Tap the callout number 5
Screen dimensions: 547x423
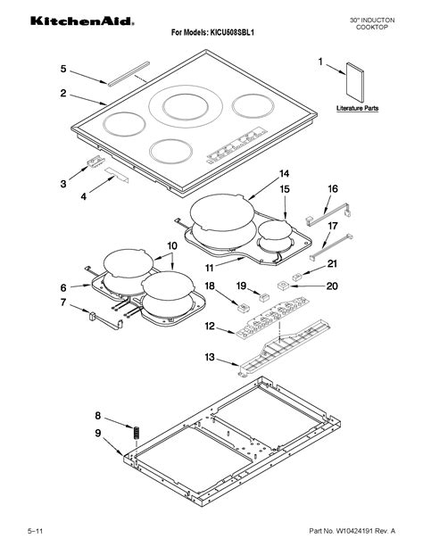coord(63,69)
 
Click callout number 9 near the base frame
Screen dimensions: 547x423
coord(98,434)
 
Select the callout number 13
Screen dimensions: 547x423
coord(209,358)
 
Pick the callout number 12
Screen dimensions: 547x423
coord(209,327)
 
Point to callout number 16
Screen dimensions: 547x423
coord(332,189)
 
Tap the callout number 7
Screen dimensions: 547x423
coord(63,303)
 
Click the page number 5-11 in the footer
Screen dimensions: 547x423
coord(35,533)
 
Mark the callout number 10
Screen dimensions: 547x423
coord(172,244)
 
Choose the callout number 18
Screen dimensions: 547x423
coord(211,286)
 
